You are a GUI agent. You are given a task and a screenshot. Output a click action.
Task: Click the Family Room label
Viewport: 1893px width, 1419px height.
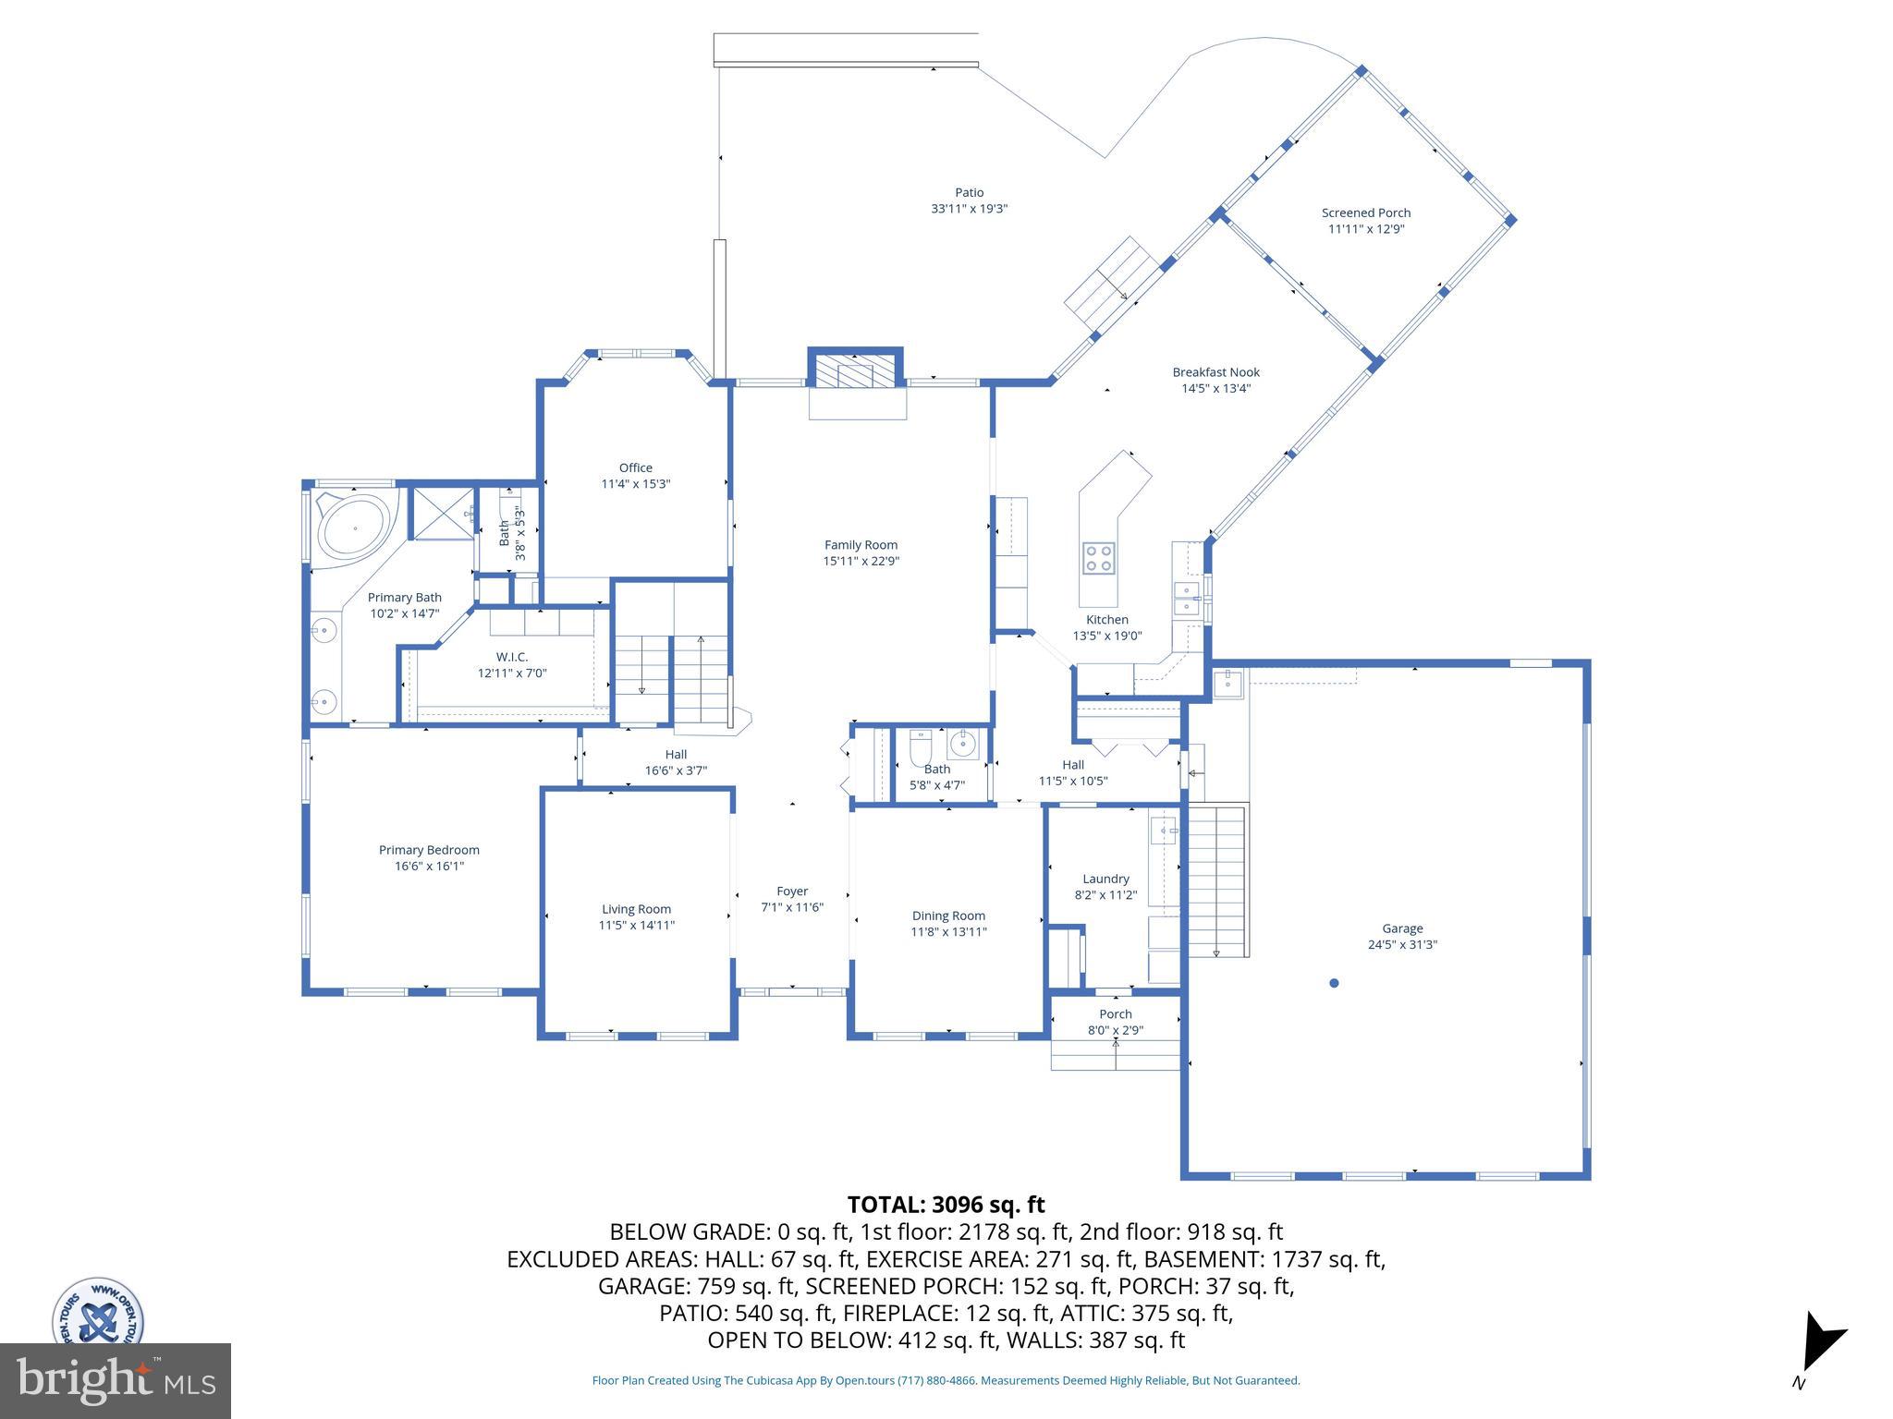(x=861, y=545)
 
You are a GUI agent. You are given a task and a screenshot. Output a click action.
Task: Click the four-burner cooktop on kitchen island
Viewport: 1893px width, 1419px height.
(x=1099, y=557)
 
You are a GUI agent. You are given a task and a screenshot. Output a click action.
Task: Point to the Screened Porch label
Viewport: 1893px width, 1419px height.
(x=1365, y=213)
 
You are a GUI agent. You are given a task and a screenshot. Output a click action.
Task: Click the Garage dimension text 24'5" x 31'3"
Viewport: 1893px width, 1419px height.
(x=1402, y=944)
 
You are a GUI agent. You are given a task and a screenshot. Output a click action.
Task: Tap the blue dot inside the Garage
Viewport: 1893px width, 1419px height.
(x=1334, y=983)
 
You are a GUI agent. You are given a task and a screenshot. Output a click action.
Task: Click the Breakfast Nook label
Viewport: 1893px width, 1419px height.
(x=1215, y=372)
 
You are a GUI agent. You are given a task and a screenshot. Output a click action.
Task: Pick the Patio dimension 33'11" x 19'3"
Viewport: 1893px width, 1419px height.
(x=969, y=209)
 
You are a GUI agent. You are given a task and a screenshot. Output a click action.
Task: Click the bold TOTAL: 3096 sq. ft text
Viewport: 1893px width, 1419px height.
(x=946, y=1205)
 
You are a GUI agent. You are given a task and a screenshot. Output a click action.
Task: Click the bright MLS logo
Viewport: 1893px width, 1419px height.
(x=116, y=1381)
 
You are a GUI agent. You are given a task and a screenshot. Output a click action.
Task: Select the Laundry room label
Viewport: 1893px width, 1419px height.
(x=1105, y=879)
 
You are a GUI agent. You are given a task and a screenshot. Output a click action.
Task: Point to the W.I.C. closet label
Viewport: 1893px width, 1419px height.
(x=511, y=657)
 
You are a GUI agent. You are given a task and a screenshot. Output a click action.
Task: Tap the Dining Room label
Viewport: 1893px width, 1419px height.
(x=948, y=916)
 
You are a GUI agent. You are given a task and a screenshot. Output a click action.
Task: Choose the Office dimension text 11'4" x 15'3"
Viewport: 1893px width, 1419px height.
(x=635, y=483)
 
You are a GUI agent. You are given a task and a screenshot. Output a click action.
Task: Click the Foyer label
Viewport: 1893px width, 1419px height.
(x=792, y=891)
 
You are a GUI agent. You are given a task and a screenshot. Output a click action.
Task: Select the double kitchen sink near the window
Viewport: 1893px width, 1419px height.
(x=1186, y=598)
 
